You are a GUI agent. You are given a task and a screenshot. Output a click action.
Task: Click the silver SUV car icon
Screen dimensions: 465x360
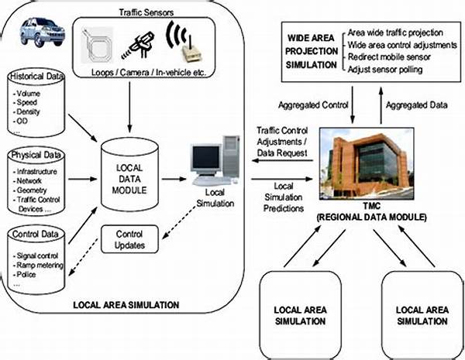[43, 32]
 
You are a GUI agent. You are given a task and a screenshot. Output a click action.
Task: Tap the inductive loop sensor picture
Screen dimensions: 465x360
[97, 45]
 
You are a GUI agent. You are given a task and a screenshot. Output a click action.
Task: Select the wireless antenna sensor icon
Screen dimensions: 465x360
[184, 42]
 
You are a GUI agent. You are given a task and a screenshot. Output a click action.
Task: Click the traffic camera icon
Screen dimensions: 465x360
[139, 46]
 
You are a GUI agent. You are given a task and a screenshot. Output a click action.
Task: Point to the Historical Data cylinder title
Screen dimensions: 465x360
[36, 77]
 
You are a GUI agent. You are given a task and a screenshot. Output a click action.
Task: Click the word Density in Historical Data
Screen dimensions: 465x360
[28, 111]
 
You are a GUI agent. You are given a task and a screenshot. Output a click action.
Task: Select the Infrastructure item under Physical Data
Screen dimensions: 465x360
[36, 172]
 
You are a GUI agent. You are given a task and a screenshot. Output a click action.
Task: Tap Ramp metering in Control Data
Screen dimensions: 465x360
[40, 266]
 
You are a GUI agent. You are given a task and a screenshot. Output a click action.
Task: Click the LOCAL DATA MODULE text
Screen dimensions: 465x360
[129, 179]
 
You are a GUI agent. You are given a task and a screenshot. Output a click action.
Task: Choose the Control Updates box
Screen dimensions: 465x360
[129, 239]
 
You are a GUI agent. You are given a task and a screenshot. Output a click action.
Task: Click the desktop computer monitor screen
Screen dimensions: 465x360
[206, 157]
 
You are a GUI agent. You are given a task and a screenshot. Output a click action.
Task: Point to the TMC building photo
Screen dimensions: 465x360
[367, 163]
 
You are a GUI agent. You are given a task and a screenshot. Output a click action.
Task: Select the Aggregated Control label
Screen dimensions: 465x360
[313, 105]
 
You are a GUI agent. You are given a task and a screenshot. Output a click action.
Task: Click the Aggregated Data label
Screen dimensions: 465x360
[417, 105]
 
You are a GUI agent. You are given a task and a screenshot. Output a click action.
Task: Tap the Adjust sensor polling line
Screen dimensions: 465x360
[385, 70]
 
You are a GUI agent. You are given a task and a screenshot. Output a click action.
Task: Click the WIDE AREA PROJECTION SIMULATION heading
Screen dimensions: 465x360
[312, 51]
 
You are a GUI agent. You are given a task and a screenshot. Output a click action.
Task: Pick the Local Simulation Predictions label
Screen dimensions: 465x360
[284, 197]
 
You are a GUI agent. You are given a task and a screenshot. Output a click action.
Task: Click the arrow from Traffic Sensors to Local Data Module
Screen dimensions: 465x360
[129, 107]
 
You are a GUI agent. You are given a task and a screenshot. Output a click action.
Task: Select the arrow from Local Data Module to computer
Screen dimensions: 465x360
[174, 179]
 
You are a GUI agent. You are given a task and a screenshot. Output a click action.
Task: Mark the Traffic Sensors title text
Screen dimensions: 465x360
[146, 12]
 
